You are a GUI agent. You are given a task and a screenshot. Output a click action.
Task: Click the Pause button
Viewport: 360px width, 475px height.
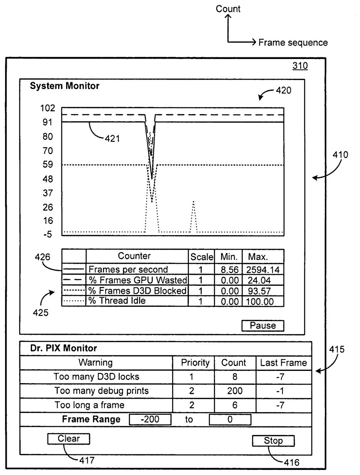263,325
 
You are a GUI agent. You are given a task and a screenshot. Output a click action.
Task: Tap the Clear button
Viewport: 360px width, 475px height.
68,439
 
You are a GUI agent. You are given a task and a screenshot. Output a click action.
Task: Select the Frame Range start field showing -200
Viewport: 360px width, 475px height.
150,419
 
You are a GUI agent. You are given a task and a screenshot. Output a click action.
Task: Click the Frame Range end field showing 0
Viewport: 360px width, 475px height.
230,419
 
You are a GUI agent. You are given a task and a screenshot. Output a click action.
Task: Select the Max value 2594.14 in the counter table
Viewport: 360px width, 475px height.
263,270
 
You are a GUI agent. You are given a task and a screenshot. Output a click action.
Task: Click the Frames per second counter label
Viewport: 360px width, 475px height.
128,270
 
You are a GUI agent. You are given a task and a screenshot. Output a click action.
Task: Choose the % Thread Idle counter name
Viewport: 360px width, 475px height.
117,301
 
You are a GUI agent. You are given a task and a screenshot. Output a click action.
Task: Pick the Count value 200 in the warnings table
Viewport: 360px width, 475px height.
235,391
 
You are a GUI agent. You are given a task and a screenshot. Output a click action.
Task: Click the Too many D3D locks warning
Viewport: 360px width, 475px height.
97,377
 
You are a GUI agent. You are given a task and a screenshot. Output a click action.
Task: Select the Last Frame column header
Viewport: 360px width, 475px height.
283,363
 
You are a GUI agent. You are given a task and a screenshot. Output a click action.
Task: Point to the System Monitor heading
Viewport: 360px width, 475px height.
65,86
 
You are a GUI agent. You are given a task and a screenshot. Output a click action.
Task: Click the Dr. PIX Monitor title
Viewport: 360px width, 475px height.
64,349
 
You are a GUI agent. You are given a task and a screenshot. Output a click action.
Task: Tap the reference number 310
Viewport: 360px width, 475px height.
300,66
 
